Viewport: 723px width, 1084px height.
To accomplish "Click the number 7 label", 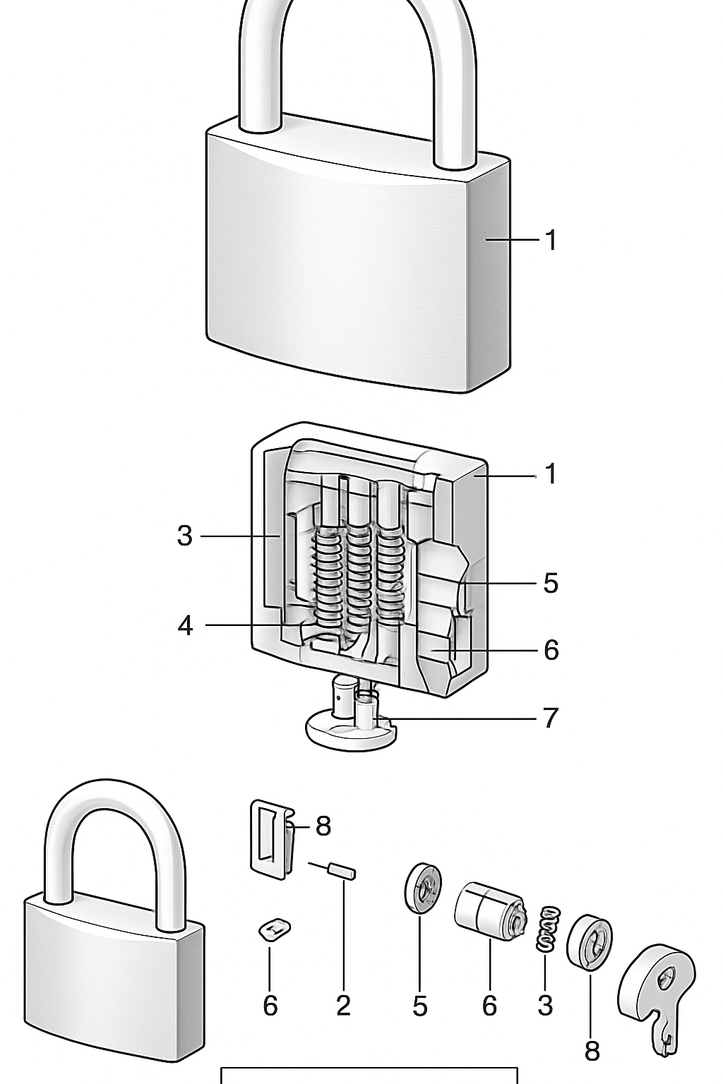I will (x=551, y=718).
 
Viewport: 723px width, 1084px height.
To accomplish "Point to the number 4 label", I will (x=185, y=625).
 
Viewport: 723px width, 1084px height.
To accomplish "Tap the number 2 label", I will (x=343, y=1006).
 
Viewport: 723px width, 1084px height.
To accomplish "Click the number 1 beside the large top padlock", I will (x=551, y=241).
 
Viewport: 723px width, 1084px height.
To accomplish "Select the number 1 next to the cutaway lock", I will (x=551, y=474).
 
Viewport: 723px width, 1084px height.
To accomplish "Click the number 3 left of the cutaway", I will (x=184, y=536).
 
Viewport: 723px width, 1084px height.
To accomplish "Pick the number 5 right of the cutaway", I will (x=551, y=584).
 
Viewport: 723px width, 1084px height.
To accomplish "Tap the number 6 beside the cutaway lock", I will (x=551, y=650).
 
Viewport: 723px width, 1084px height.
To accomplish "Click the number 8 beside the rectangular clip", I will (x=323, y=825).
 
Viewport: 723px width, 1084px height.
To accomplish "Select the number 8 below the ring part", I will (x=592, y=1051).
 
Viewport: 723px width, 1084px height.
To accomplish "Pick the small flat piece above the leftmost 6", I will (x=275, y=929).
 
